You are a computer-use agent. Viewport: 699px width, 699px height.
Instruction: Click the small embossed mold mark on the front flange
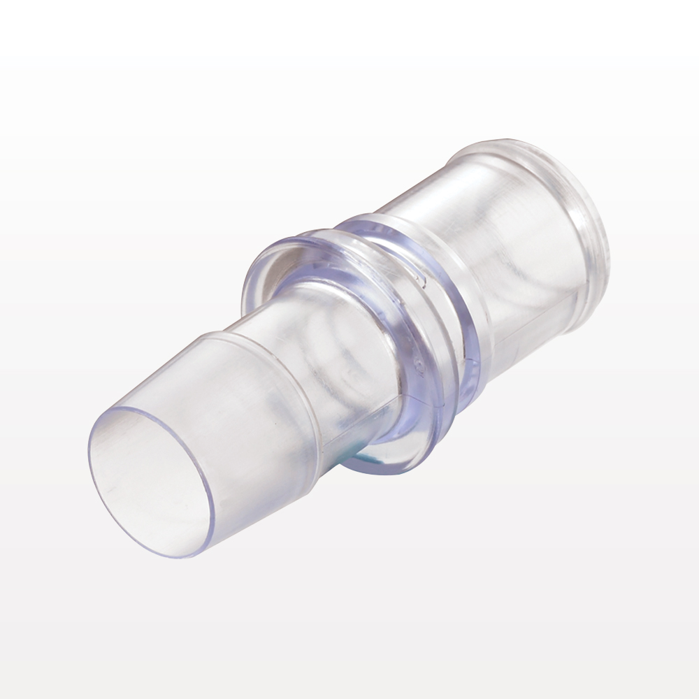pos(417,364)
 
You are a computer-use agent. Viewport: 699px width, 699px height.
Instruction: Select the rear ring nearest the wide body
pos(458,294)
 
